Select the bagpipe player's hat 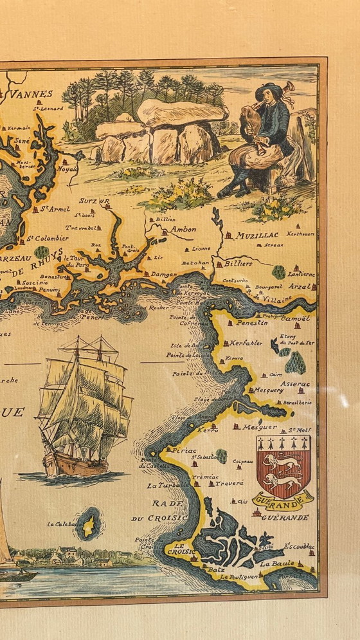pos(269,89)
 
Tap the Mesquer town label pos(260,426)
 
